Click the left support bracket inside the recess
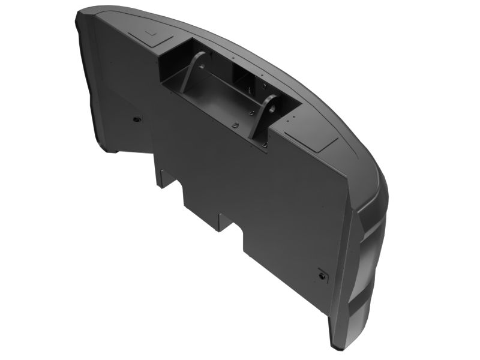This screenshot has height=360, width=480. pyautogui.click(x=191, y=74)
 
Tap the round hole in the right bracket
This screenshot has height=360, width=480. pyautogui.click(x=271, y=107)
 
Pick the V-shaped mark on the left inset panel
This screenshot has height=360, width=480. pyautogui.click(x=152, y=34)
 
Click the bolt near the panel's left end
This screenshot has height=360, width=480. pyautogui.click(x=137, y=119)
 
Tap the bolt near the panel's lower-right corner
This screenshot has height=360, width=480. pyautogui.click(x=324, y=276)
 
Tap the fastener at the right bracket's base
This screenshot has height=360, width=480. pyautogui.click(x=265, y=144)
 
